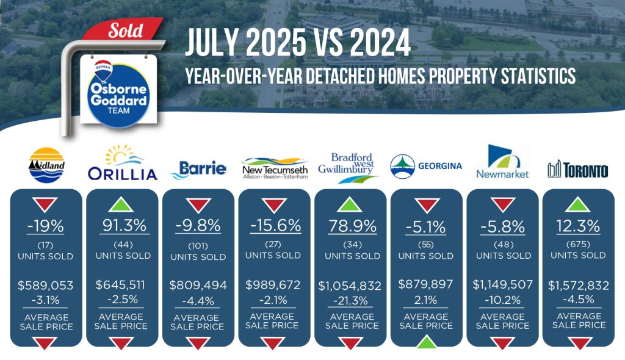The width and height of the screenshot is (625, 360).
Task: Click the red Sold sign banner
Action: [x=123, y=29]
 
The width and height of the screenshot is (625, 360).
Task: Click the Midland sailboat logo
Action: [x=46, y=165]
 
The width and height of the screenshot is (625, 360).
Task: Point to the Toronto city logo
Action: [x=578, y=170]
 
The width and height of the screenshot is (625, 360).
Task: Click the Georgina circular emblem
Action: [x=402, y=166]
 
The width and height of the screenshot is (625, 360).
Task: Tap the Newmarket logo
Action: [x=502, y=162]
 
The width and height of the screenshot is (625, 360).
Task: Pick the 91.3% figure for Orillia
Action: [x=125, y=226]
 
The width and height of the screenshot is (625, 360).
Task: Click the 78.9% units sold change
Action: [x=352, y=226]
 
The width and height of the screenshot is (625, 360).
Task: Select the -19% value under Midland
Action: [x=45, y=226]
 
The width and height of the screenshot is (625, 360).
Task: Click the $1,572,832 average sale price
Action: [x=579, y=286]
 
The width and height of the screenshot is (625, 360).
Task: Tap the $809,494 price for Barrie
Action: [x=198, y=286]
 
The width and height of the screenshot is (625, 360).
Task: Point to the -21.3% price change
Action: [x=351, y=301]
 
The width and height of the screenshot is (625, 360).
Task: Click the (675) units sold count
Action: [x=578, y=245]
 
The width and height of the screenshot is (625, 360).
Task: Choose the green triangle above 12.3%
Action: [x=577, y=205]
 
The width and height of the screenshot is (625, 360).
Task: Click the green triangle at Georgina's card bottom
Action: [x=426, y=343]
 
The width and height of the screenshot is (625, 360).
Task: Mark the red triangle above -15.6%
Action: [x=274, y=205]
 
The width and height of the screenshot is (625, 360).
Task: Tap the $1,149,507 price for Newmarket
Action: [x=503, y=285]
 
